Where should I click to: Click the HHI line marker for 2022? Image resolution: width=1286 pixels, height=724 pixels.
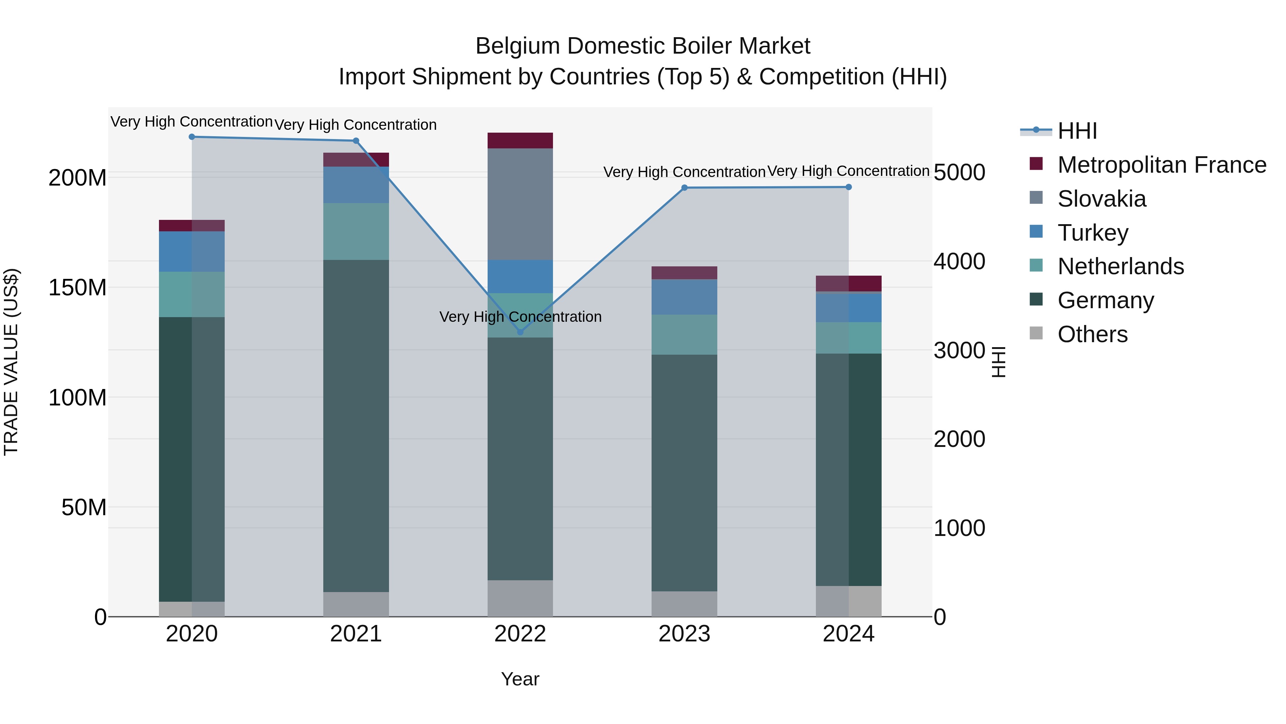point(520,332)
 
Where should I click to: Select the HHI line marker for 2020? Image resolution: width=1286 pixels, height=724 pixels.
point(192,137)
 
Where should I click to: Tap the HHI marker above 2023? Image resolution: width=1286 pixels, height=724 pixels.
point(684,188)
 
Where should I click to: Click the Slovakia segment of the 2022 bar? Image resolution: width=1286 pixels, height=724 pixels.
point(520,204)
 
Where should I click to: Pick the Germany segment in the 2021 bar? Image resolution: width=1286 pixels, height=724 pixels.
point(356,425)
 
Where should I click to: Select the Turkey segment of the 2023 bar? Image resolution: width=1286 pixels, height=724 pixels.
point(684,297)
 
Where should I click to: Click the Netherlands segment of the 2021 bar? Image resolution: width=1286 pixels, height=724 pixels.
point(356,231)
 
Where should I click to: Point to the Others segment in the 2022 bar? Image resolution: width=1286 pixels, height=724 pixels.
point(520,598)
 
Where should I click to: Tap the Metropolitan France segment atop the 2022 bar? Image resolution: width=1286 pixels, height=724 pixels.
point(520,141)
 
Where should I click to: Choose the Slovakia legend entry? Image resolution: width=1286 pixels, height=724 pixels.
point(1101,199)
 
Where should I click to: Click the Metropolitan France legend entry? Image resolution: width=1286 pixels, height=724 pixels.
point(1161,165)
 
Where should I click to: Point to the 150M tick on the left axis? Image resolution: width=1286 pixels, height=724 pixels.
point(78,288)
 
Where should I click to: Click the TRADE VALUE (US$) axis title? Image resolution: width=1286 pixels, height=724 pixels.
point(11,362)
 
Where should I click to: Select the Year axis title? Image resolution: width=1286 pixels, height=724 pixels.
point(520,679)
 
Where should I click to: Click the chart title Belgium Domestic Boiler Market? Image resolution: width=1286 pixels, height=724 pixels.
point(643,46)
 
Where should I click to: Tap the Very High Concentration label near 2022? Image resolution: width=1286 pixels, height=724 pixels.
point(520,317)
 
